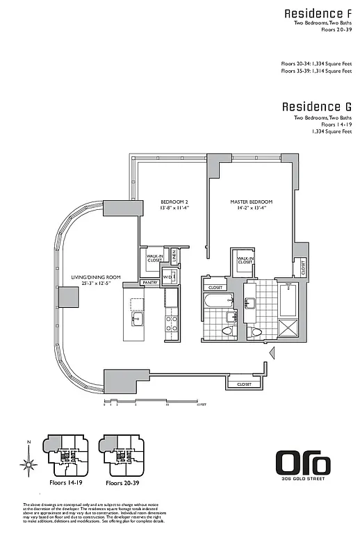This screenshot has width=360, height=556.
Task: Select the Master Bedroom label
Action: click(x=251, y=202)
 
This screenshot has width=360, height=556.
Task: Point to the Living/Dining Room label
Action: click(x=96, y=277)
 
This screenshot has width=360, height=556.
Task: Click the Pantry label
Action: click(x=149, y=283)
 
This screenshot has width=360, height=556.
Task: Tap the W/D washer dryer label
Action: click(x=167, y=278)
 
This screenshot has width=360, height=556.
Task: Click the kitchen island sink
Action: click(x=137, y=318)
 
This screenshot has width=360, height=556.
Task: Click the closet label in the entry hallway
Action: click(x=244, y=384)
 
